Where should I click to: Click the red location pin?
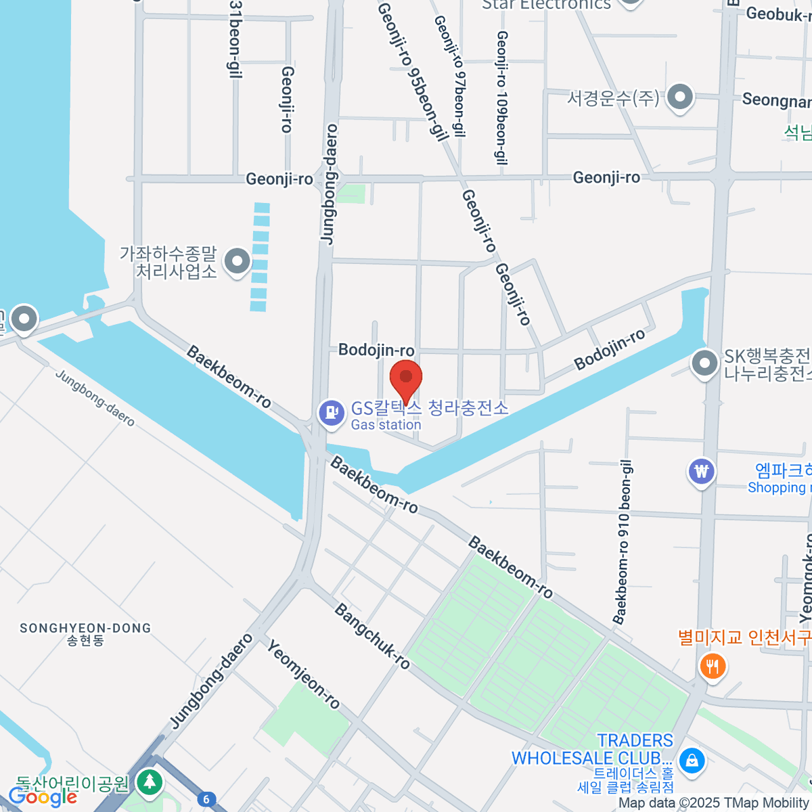(x=406, y=379)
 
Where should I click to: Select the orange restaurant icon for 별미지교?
(x=712, y=667)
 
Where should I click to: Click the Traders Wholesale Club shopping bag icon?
(x=692, y=760)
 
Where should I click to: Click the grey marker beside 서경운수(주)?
(x=679, y=97)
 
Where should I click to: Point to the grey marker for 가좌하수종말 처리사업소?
(x=237, y=261)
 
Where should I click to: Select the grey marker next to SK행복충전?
(x=705, y=363)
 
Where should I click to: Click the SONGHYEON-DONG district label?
(x=85, y=633)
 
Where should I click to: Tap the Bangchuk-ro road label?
(x=372, y=636)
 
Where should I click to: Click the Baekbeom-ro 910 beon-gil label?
(x=623, y=541)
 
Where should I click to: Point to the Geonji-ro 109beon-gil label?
(x=501, y=98)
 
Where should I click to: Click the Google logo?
(x=42, y=797)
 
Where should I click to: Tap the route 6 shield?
(x=206, y=799)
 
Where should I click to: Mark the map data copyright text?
(x=714, y=803)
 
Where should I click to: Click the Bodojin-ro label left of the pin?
(x=376, y=350)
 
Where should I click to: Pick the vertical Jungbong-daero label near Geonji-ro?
(x=330, y=184)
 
